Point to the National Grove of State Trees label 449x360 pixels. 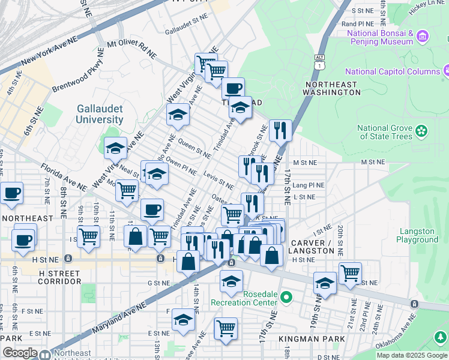click(385, 132)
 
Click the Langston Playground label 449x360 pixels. click(417, 235)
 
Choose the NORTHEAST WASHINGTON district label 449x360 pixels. click(331, 88)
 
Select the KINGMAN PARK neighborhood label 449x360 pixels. click(312, 339)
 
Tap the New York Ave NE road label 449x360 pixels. click(50, 53)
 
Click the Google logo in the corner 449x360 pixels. click(20, 353)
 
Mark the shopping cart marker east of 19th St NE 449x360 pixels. click(350, 274)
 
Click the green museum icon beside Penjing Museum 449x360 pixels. click(423, 37)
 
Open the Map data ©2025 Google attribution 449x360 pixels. click(411, 355)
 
